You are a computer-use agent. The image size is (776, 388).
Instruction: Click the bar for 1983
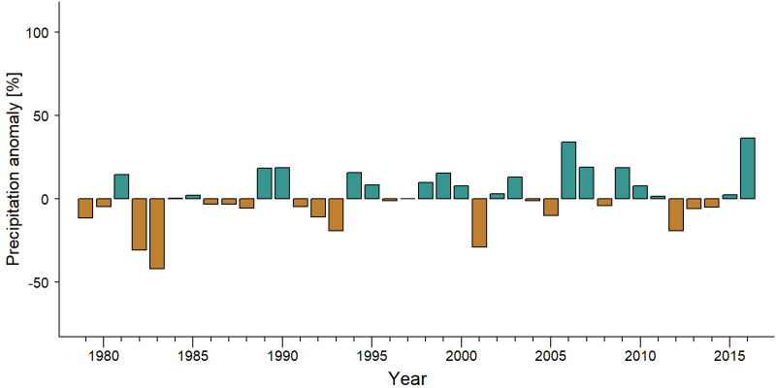157,234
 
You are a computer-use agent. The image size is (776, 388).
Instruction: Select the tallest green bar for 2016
747,168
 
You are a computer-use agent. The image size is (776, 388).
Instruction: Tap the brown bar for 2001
479,223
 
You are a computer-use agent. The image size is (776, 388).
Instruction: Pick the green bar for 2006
568,171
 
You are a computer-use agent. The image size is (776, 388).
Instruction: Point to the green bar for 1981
121,186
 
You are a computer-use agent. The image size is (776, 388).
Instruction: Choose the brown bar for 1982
139,224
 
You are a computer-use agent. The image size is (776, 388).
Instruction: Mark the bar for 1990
282,183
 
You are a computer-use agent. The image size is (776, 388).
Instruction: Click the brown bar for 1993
336,214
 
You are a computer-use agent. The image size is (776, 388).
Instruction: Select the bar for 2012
676,214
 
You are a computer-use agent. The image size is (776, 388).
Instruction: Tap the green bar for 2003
515,187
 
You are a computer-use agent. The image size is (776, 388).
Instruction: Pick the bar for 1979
85,209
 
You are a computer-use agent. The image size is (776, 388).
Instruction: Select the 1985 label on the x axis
192,356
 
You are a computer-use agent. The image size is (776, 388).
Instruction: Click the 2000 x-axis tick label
462,356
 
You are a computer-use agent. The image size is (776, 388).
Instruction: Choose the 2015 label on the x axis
729,356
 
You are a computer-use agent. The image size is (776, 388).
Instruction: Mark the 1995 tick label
372,356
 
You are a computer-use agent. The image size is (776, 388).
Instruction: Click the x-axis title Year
406,378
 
